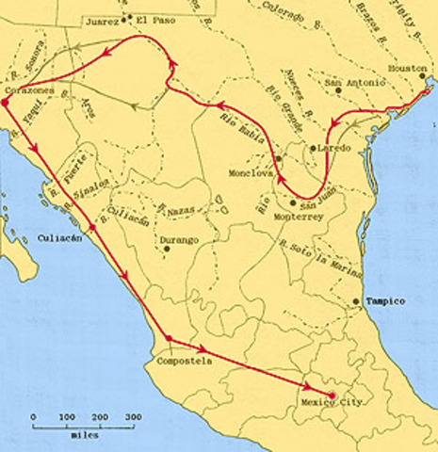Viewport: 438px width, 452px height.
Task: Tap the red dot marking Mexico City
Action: tap(332, 395)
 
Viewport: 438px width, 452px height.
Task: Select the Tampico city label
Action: tap(385, 301)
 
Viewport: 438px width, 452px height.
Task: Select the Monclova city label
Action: tap(250, 174)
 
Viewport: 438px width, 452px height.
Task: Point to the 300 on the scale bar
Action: tap(134, 416)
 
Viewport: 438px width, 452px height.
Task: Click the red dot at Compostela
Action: tap(168, 337)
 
